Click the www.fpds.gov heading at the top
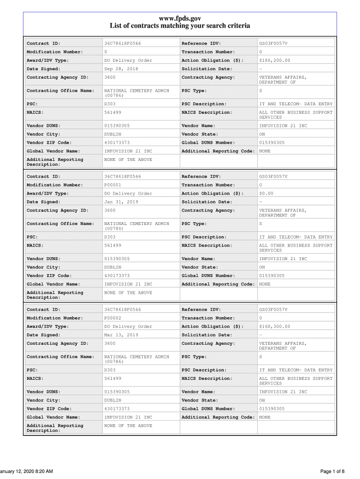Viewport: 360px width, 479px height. click(x=180, y=18)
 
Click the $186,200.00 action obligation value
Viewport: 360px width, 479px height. click(x=274, y=60)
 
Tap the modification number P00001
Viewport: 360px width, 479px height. click(x=113, y=185)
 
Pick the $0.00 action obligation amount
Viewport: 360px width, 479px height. click(x=266, y=193)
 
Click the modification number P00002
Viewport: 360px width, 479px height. click(x=113, y=318)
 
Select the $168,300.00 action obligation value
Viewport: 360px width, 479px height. click(x=274, y=326)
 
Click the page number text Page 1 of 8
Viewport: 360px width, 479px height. click(x=332, y=471)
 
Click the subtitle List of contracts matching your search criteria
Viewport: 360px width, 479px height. click(x=180, y=26)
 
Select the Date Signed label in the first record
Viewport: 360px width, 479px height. click(x=43, y=69)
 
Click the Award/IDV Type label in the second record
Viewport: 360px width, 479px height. click(x=48, y=193)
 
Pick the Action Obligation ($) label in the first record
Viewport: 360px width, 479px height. click(x=212, y=60)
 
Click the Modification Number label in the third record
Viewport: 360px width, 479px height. click(x=55, y=318)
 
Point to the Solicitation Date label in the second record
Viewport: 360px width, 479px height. click(x=206, y=202)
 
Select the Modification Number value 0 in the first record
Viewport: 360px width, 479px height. click(x=106, y=52)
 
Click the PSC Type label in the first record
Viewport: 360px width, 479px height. click(x=194, y=90)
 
